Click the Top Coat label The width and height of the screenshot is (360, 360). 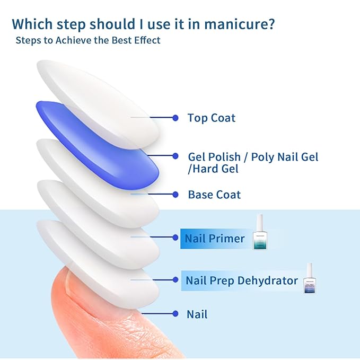pyautogui.click(x=211, y=118)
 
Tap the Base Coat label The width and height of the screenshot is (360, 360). pyautogui.click(x=214, y=195)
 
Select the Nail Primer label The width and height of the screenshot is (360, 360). pyautogui.click(x=214, y=239)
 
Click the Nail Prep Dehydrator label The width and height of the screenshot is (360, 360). pyautogui.click(x=241, y=280)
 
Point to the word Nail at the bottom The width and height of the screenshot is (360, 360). pyautogui.click(x=197, y=314)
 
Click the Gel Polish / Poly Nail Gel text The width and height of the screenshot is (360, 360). pyautogui.click(x=253, y=157)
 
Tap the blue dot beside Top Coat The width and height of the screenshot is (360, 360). pyautogui.click(x=175, y=117)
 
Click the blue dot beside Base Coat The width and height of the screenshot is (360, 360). pyautogui.click(x=175, y=194)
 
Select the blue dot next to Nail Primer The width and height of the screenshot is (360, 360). pyautogui.click(x=175, y=238)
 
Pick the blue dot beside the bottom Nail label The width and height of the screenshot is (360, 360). pyautogui.click(x=175, y=314)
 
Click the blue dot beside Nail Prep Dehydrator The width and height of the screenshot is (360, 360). pyautogui.click(x=175, y=279)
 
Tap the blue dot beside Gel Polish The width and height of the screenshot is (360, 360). pyautogui.click(x=175, y=156)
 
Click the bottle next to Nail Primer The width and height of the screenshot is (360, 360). pyautogui.click(x=260, y=233)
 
